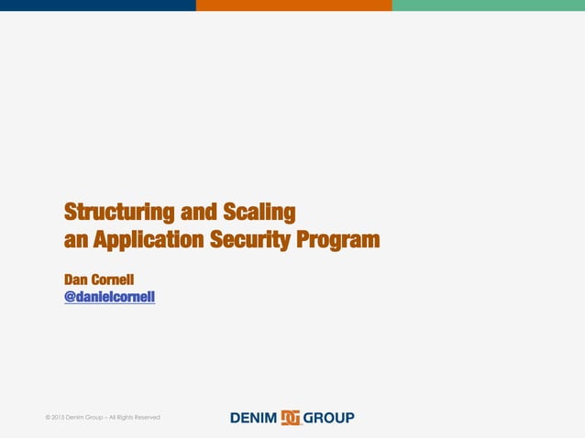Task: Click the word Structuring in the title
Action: (x=119, y=214)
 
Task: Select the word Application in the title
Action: (x=150, y=241)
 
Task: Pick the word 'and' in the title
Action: (x=199, y=214)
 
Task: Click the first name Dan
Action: (x=77, y=279)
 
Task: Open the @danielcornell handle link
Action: (x=109, y=297)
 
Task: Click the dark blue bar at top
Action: (x=97, y=5)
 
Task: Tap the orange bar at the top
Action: (x=293, y=5)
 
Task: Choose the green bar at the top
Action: (x=488, y=5)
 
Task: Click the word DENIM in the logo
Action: (x=254, y=418)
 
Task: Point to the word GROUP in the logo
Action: (x=328, y=418)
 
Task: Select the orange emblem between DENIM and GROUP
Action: (x=291, y=418)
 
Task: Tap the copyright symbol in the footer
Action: (x=48, y=418)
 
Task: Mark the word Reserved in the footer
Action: (x=145, y=418)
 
